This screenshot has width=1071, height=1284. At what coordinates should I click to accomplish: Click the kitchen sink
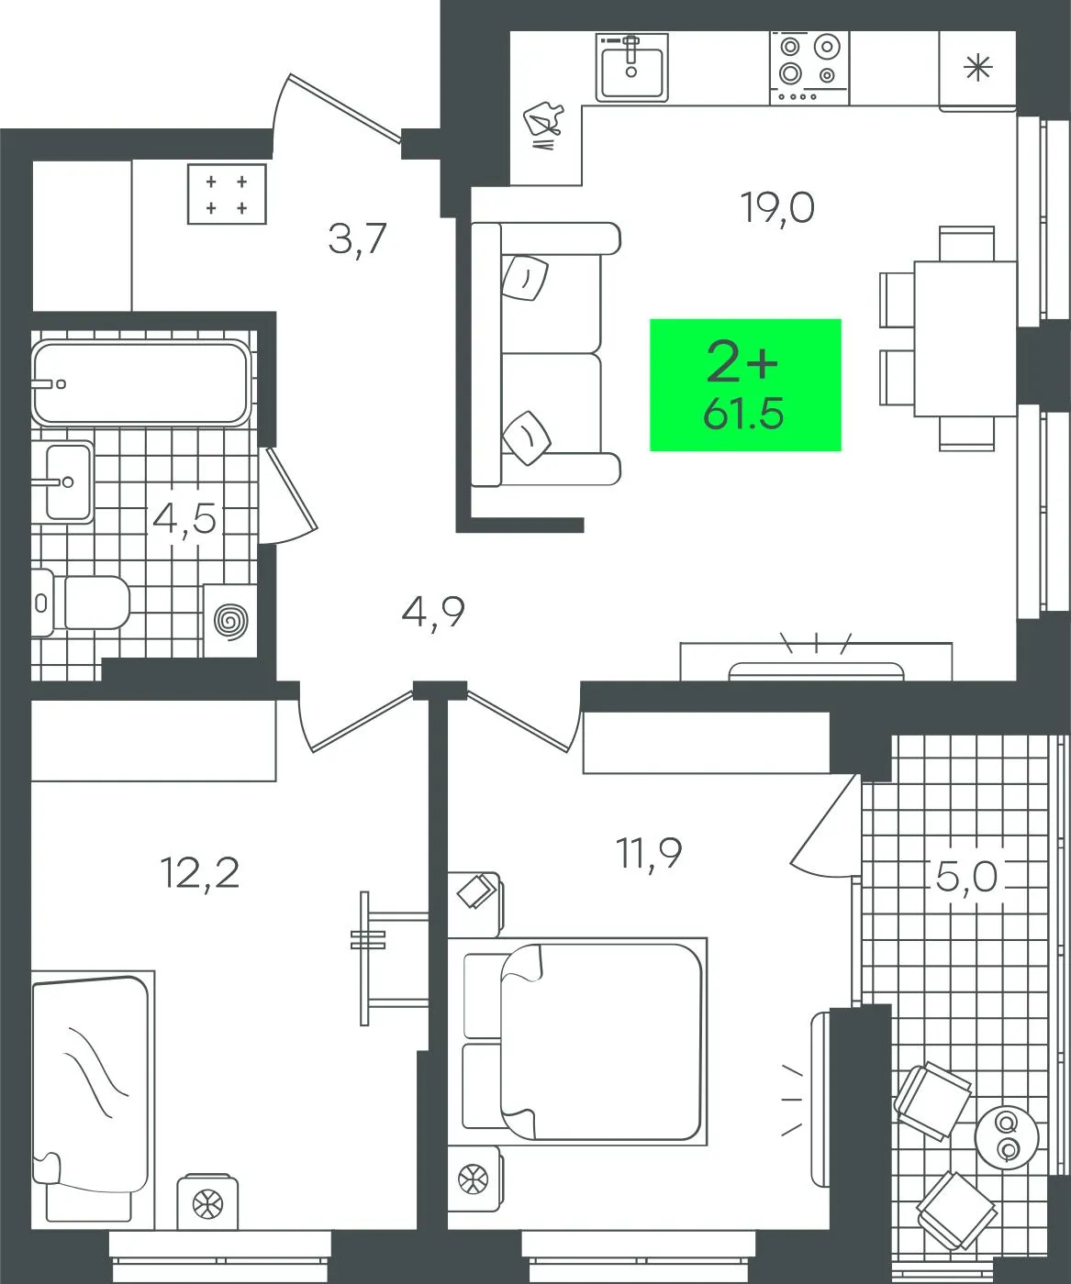631,67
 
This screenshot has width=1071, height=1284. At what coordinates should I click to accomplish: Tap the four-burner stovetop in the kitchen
809,68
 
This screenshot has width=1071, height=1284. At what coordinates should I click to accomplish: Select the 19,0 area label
778,208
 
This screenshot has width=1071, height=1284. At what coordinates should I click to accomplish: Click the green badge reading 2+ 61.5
745,385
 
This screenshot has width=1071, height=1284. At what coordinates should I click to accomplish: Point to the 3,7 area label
357,239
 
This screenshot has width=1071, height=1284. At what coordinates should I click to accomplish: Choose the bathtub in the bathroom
141,382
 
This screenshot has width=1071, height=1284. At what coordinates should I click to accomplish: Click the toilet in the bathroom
81,602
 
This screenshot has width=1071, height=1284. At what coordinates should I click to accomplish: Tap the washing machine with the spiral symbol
230,621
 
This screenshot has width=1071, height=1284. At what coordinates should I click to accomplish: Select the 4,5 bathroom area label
184,520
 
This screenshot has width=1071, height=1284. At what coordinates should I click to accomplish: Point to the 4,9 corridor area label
433,613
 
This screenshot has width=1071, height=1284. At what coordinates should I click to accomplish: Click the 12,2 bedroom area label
200,872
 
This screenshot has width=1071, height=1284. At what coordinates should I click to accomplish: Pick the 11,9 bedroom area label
649,854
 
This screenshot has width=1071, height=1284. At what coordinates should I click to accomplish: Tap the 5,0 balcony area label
965,876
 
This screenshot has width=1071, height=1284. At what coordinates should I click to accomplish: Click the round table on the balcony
1007,1136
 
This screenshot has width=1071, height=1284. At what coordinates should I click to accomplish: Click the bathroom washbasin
62,481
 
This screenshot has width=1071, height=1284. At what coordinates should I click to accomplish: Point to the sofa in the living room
546,354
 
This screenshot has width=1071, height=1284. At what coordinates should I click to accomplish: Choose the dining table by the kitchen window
965,338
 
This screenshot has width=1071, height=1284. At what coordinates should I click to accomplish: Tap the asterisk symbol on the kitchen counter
978,68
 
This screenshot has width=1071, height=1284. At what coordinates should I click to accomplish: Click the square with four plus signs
227,194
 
